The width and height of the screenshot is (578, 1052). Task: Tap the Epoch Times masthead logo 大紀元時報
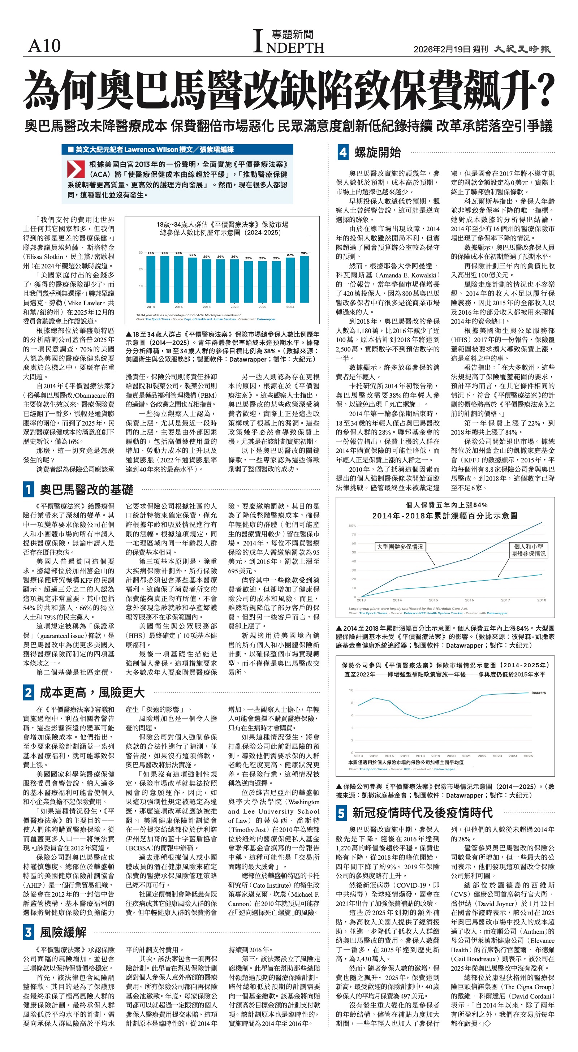coord(522,49)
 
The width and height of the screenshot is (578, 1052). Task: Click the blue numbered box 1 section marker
coord(28,489)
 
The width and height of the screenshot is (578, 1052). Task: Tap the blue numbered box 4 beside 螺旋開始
coord(343,153)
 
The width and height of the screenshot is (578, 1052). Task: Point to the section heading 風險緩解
coord(63,932)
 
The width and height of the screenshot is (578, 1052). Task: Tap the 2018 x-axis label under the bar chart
coord(206,306)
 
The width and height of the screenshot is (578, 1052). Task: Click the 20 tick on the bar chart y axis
coord(141,269)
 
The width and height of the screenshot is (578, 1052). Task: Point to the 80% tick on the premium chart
coord(352,526)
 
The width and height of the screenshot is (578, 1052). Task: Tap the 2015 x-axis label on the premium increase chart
coord(433,600)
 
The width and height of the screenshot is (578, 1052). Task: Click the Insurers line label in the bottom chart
coord(538,693)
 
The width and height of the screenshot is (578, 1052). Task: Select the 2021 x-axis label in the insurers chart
coord(466,756)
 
